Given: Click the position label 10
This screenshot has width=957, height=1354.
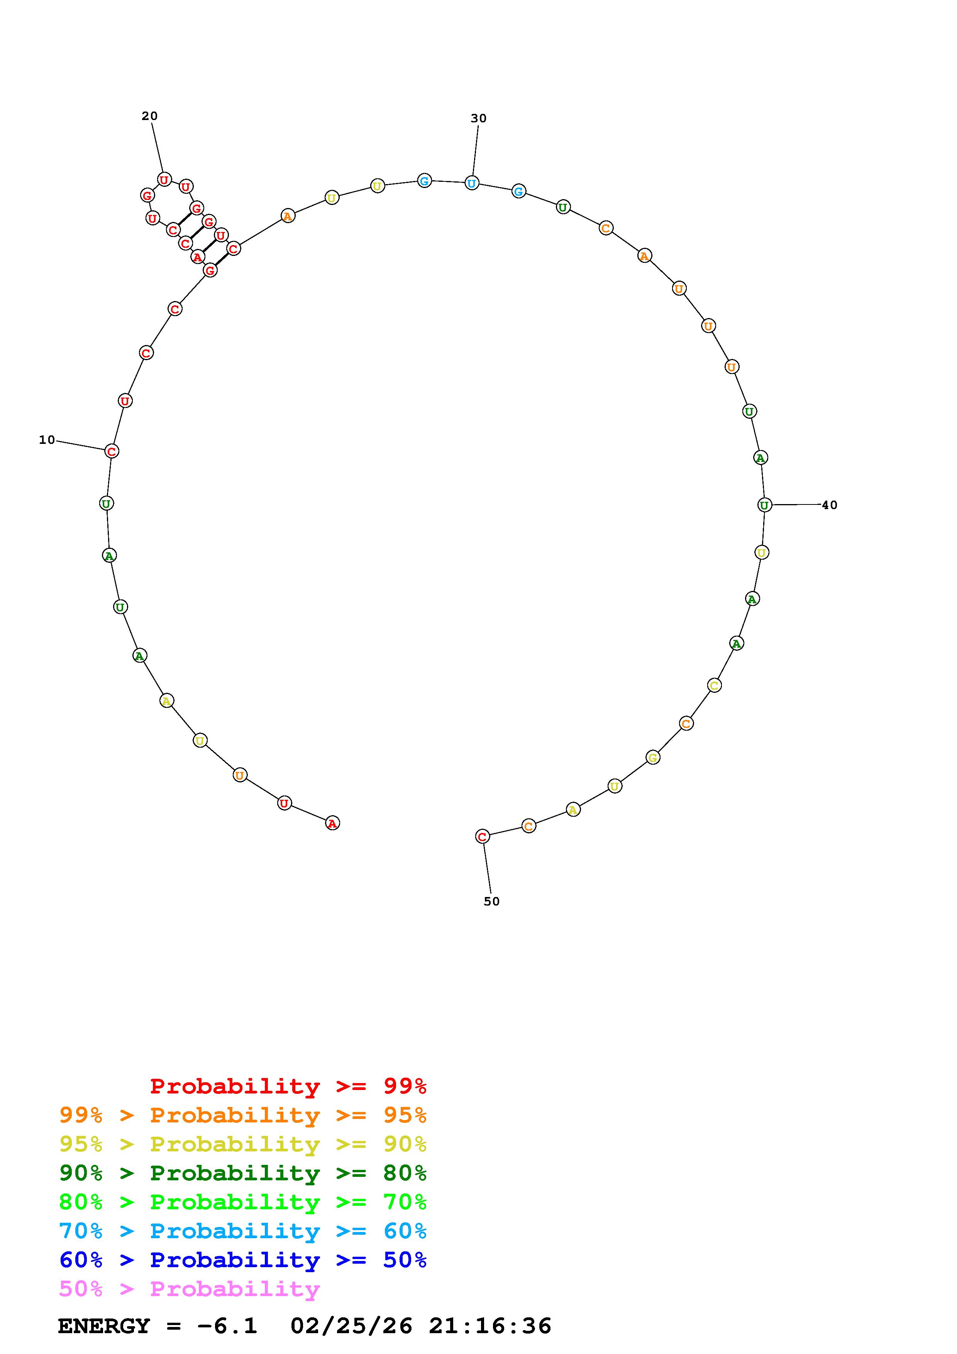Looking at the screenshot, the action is [47, 440].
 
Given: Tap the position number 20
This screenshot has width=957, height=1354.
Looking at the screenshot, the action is [150, 116].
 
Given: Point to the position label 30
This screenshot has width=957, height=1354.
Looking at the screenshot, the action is [479, 118].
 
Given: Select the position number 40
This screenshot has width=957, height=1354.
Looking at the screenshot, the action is [830, 505].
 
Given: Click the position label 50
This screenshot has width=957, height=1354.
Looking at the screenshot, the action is [492, 901].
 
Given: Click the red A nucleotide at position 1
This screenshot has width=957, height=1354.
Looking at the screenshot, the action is [332, 823].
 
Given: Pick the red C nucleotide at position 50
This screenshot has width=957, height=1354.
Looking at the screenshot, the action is [482, 836].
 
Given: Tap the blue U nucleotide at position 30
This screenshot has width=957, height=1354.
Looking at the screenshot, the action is [472, 183].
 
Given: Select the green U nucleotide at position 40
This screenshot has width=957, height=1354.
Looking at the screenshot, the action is [764, 505].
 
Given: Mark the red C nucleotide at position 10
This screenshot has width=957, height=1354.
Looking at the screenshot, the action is [112, 451].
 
